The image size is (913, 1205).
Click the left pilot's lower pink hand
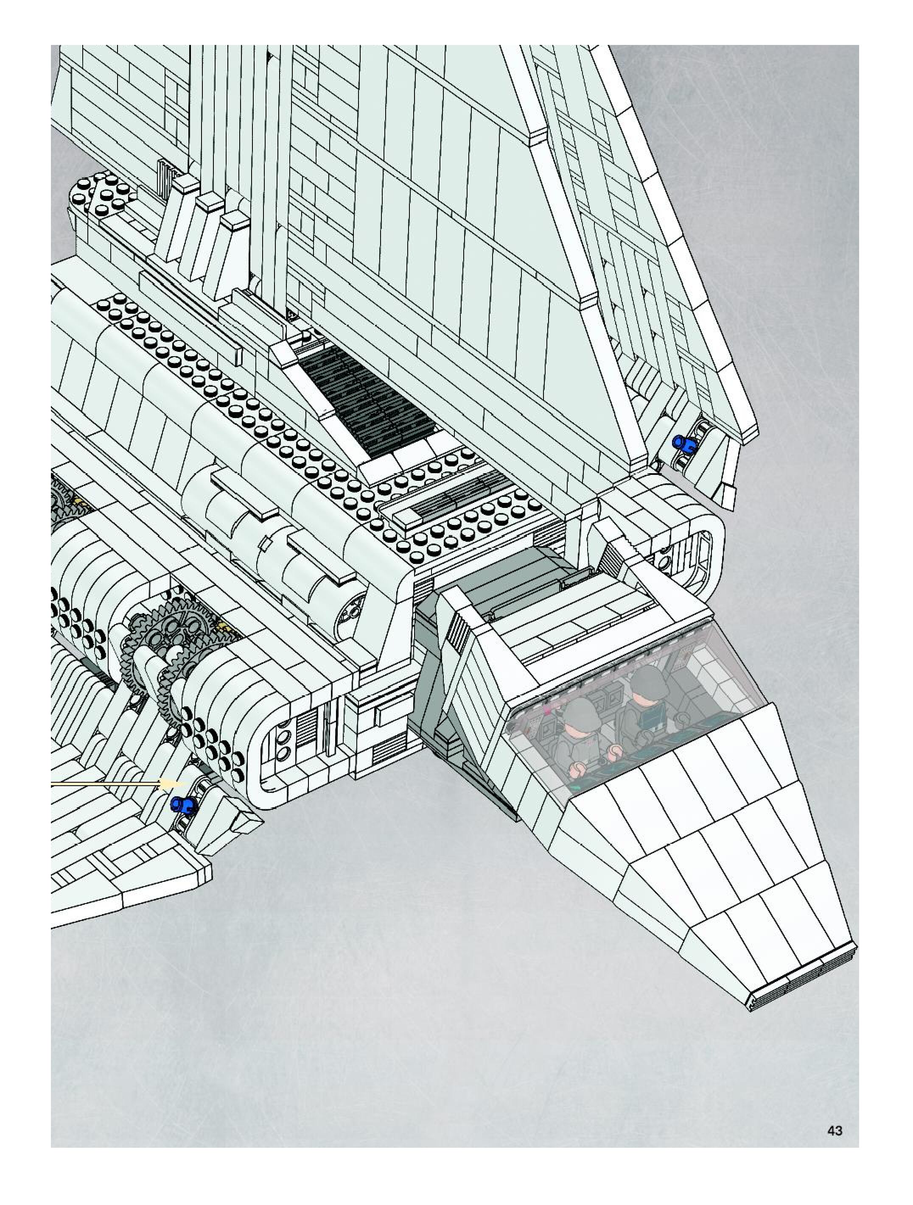point(576,769)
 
